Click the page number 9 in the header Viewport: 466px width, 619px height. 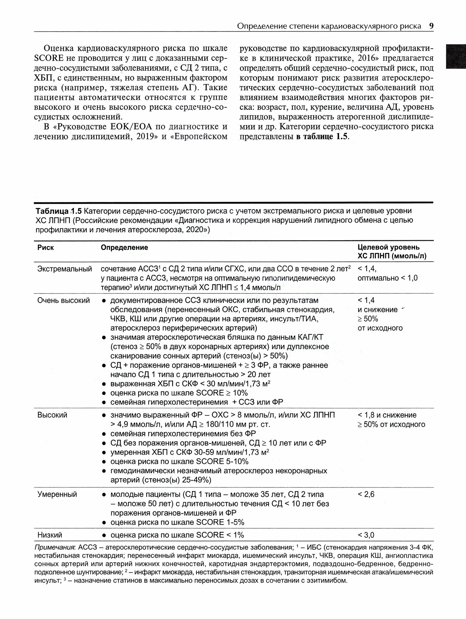coord(431,26)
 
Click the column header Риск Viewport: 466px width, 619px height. coord(45,248)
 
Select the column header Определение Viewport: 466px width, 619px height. coord(124,248)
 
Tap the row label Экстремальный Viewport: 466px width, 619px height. coord(64,269)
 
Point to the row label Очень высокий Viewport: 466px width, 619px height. coord(63,300)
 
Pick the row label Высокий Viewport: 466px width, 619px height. coord(52,415)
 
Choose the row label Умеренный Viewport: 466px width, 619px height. coord(57,494)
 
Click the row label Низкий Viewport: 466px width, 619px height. coord(50,535)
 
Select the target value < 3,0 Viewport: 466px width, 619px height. coord(366,535)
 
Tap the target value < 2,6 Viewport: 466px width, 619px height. coord(366,494)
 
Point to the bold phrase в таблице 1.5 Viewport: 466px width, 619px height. coord(322,136)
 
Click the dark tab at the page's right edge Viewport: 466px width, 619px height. coord(455,56)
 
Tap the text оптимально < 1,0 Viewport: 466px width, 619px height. coord(387,278)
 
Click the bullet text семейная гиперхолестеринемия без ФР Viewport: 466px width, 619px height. coord(183,434)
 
